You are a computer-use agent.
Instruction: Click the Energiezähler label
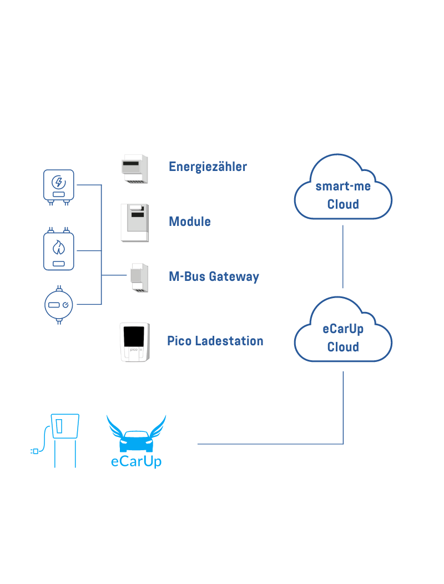click(x=208, y=167)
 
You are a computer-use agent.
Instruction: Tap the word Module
click(x=190, y=221)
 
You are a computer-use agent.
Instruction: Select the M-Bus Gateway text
click(x=214, y=276)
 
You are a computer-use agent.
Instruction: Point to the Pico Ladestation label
click(x=215, y=341)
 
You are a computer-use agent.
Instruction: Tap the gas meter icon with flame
click(x=58, y=249)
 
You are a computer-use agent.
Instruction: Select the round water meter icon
click(x=58, y=305)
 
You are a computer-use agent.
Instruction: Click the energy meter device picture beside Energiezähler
click(x=135, y=169)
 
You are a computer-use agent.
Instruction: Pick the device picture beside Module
click(x=135, y=223)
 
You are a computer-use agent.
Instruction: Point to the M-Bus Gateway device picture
click(x=139, y=278)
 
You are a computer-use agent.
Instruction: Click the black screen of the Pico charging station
click(x=134, y=336)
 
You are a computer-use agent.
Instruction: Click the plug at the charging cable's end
click(x=34, y=451)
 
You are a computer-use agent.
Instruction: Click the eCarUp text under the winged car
click(x=137, y=461)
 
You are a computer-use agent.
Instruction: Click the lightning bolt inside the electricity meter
click(x=58, y=182)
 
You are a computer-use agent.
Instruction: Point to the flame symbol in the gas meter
click(x=58, y=247)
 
